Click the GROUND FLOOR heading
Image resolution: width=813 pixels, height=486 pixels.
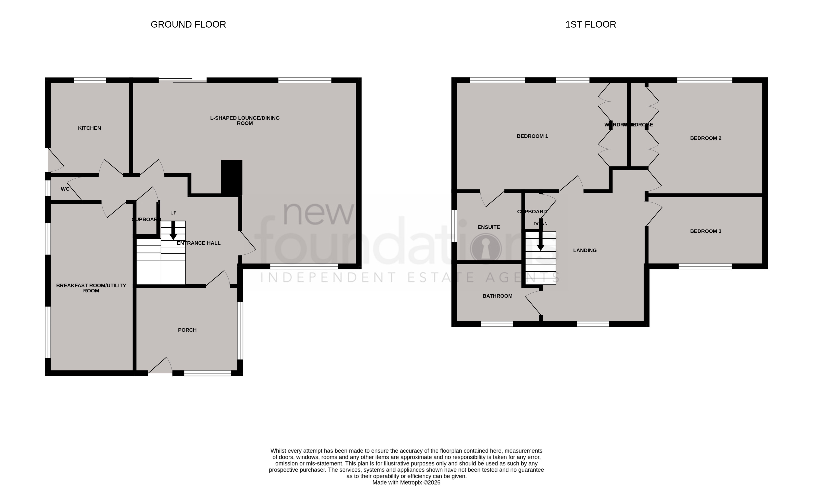pos(188,25)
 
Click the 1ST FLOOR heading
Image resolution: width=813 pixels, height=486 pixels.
pos(590,25)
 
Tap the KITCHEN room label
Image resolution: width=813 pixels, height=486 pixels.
pos(89,128)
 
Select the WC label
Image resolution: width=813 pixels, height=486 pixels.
pos(65,189)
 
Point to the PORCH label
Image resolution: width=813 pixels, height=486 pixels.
pos(187,330)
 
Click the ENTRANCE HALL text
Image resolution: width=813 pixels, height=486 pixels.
pos(199,243)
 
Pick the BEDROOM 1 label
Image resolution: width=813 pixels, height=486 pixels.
pos(532,136)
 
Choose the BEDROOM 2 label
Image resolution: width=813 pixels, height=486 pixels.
pos(705,138)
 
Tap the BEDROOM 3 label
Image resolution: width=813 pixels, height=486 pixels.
pos(705,231)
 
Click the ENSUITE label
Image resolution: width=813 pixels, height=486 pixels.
pos(489,227)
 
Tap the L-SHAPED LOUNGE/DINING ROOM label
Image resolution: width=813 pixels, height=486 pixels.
pos(245,120)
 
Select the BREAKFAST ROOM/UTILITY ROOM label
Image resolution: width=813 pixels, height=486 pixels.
pos(91,288)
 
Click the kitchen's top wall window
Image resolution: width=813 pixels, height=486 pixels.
pos(90,80)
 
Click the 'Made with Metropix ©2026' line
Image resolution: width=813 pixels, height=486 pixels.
pos(406,482)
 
